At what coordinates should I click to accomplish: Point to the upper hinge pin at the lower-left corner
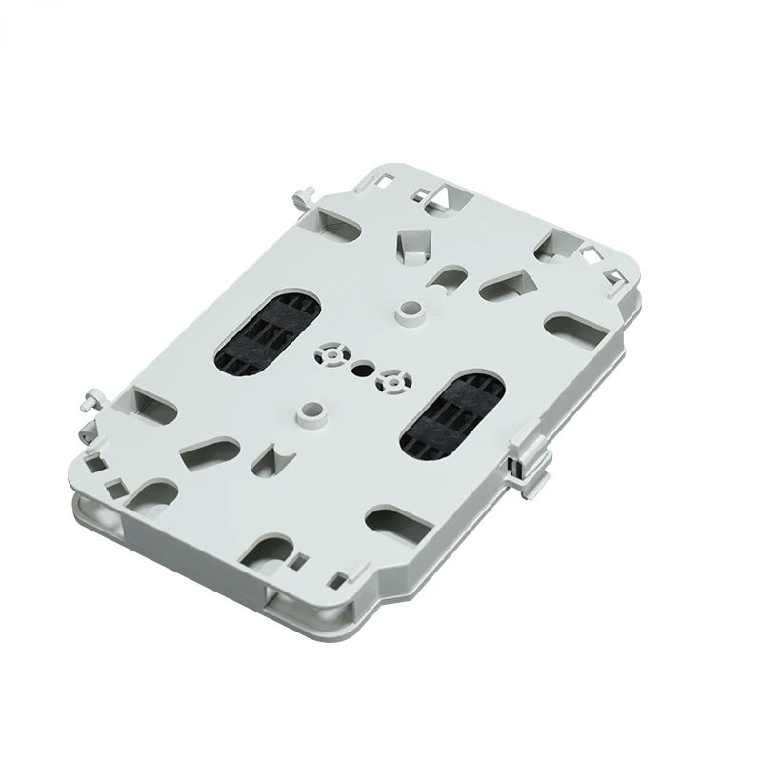[x=95, y=395]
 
